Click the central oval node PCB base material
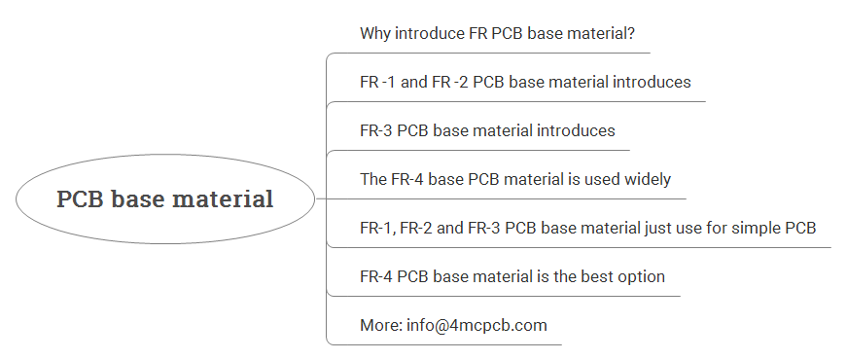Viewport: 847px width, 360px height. click(x=165, y=199)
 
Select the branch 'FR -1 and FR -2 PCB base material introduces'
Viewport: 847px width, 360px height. click(x=525, y=82)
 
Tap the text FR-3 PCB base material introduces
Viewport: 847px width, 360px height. click(x=487, y=130)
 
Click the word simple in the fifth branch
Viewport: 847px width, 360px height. click(x=750, y=228)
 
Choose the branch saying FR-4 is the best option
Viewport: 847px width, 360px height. click(x=512, y=276)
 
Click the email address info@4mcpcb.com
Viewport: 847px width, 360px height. click(x=485, y=325)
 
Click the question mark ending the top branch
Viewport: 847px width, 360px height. click(x=644, y=33)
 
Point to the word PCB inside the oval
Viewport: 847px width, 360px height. click(x=80, y=199)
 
